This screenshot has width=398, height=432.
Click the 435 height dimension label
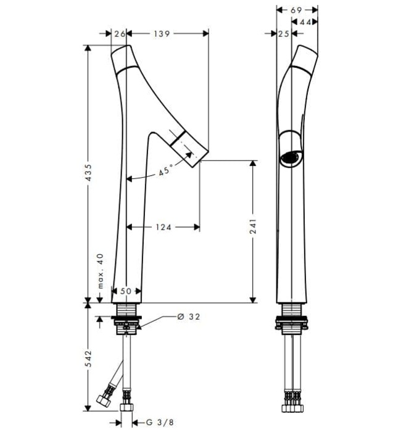click(88, 173)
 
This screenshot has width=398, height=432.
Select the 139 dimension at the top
click(162, 33)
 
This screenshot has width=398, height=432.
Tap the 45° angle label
click(166, 170)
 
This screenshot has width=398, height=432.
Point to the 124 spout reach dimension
click(164, 227)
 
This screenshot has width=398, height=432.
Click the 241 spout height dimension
click(252, 226)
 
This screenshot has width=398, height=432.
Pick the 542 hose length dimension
click(88, 359)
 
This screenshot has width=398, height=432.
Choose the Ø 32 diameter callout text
click(189, 317)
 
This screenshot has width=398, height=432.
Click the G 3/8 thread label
click(160, 422)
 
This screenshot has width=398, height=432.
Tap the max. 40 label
click(101, 271)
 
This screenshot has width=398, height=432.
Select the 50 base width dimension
click(126, 291)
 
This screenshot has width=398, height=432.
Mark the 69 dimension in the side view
click(296, 10)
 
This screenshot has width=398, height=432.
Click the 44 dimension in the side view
click(305, 22)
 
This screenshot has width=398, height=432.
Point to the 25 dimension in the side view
click(283, 33)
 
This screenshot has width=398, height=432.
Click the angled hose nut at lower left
click(104, 401)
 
